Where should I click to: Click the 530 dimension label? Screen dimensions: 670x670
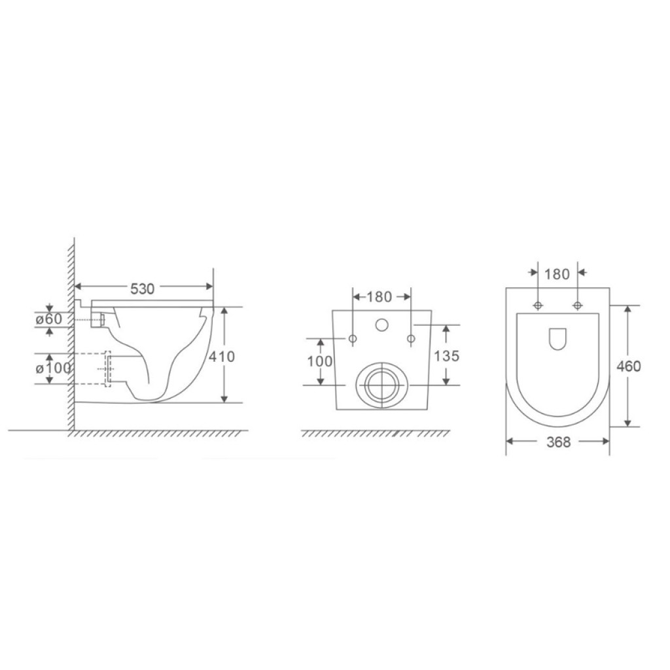[x=142, y=289]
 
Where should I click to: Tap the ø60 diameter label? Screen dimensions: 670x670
[x=48, y=319]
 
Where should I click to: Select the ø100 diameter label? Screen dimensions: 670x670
[x=53, y=368]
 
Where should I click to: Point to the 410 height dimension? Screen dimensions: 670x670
[x=222, y=357]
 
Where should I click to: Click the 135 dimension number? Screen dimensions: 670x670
[x=446, y=355]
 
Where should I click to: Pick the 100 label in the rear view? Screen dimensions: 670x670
[x=320, y=361]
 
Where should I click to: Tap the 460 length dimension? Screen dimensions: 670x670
[x=629, y=366]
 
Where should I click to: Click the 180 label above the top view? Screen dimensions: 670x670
[x=557, y=274]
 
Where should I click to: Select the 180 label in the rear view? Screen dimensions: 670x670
[x=379, y=296]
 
